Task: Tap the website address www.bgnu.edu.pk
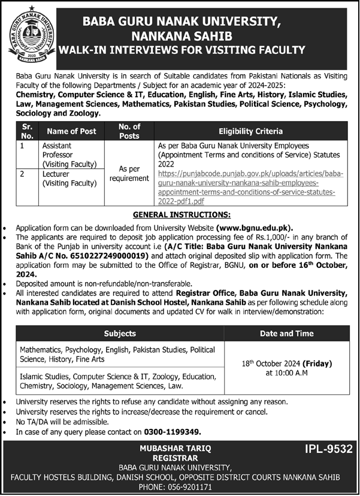264,228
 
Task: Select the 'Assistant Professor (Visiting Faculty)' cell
69,155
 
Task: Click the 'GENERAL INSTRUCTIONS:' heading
180,214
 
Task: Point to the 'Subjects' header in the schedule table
120,333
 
